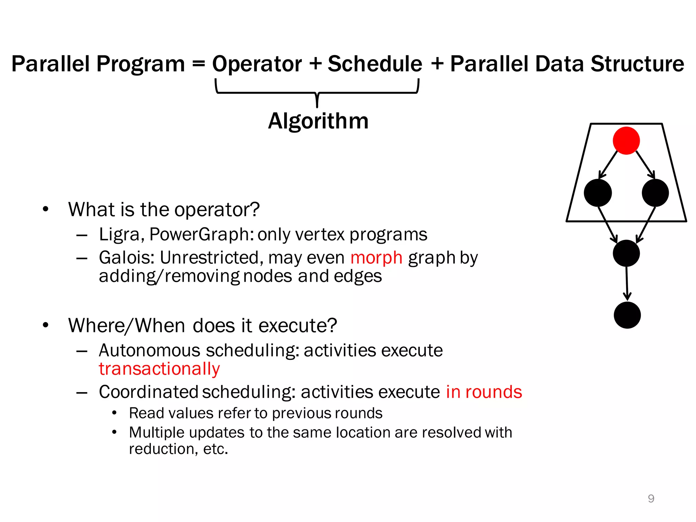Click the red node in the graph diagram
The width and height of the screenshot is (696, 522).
click(x=626, y=141)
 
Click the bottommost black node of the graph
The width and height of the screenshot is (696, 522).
click(x=627, y=315)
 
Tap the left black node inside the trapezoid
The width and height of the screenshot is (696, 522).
click(x=597, y=193)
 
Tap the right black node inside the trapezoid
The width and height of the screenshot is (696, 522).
click(x=655, y=193)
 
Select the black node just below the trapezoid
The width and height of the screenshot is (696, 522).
click(x=626, y=253)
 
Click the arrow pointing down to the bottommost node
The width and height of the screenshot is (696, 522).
click(x=627, y=284)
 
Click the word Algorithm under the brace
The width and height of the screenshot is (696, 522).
click(x=318, y=121)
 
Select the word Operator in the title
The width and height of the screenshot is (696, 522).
click(x=257, y=64)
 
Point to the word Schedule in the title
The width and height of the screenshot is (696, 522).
click(x=375, y=64)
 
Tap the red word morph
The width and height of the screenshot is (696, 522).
click(x=376, y=257)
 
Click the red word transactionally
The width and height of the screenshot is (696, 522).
click(x=159, y=369)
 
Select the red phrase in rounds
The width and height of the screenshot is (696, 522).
click(x=484, y=392)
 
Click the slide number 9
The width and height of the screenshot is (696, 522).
click(x=651, y=499)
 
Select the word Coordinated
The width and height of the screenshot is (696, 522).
click(x=149, y=392)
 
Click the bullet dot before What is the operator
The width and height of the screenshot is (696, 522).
click(x=46, y=209)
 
